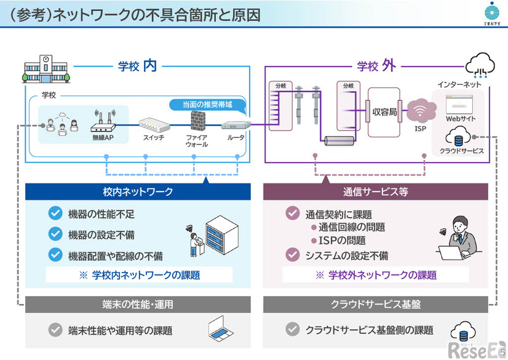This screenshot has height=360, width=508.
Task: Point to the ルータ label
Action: [x=236, y=138]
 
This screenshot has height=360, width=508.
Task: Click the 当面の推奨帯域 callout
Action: [x=207, y=104]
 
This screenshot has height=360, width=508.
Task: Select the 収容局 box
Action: [x=384, y=113]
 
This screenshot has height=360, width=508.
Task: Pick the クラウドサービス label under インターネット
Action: [x=461, y=150]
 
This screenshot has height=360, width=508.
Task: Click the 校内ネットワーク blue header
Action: [x=138, y=191]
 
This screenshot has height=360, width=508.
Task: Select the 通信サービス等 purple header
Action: [x=375, y=191]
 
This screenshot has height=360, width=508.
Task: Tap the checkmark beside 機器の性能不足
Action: [x=56, y=214]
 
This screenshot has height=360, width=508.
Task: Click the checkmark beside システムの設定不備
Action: [x=292, y=254]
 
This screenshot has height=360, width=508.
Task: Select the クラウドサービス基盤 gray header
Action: [x=375, y=305]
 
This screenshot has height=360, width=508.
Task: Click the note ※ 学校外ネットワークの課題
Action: [x=375, y=275]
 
